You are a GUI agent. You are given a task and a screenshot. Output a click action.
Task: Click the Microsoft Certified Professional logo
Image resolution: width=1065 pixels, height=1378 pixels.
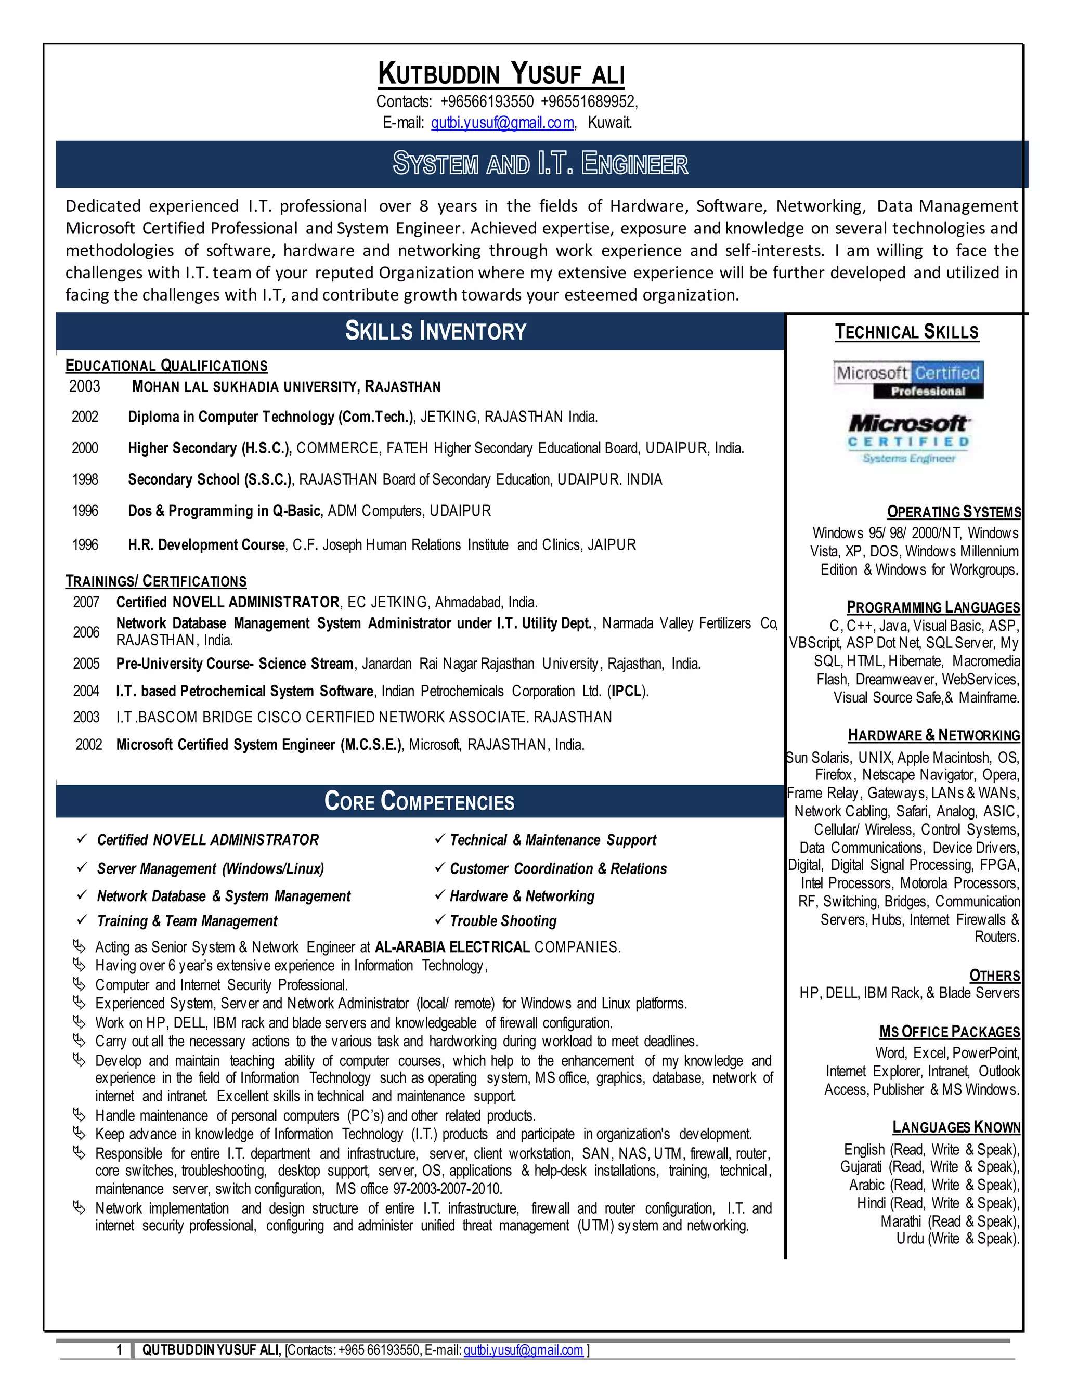(908, 380)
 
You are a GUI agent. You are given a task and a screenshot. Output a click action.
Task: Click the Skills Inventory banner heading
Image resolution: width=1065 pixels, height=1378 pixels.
(435, 331)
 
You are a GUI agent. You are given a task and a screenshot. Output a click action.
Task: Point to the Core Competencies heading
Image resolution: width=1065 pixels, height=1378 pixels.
(419, 801)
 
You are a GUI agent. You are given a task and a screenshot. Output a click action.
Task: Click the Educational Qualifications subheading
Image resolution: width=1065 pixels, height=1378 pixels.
(166, 366)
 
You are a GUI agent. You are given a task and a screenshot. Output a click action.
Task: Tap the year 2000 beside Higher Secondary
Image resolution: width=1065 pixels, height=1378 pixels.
(85, 448)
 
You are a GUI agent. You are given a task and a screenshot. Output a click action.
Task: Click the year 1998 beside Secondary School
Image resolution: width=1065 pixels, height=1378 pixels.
(85, 479)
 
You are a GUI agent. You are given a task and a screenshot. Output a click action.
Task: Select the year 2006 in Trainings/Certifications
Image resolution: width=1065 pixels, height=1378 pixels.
(86, 632)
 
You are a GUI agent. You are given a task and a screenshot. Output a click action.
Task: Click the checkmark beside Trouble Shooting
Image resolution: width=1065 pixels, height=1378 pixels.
(440, 920)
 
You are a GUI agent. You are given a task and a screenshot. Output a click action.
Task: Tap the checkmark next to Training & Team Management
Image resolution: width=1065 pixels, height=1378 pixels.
(82, 920)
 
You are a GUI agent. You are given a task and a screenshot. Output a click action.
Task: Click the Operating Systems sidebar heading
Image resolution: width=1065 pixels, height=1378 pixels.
(953, 512)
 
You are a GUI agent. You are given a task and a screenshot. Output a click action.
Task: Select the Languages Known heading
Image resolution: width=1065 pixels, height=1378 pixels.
(956, 1127)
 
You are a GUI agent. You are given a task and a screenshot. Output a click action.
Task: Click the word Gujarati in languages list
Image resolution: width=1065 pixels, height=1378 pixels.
(861, 1167)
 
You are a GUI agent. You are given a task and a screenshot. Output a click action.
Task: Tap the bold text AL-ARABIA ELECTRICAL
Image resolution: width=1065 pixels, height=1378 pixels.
(452, 947)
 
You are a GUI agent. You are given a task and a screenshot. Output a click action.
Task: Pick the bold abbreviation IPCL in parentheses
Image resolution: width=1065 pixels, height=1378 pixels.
(627, 692)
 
